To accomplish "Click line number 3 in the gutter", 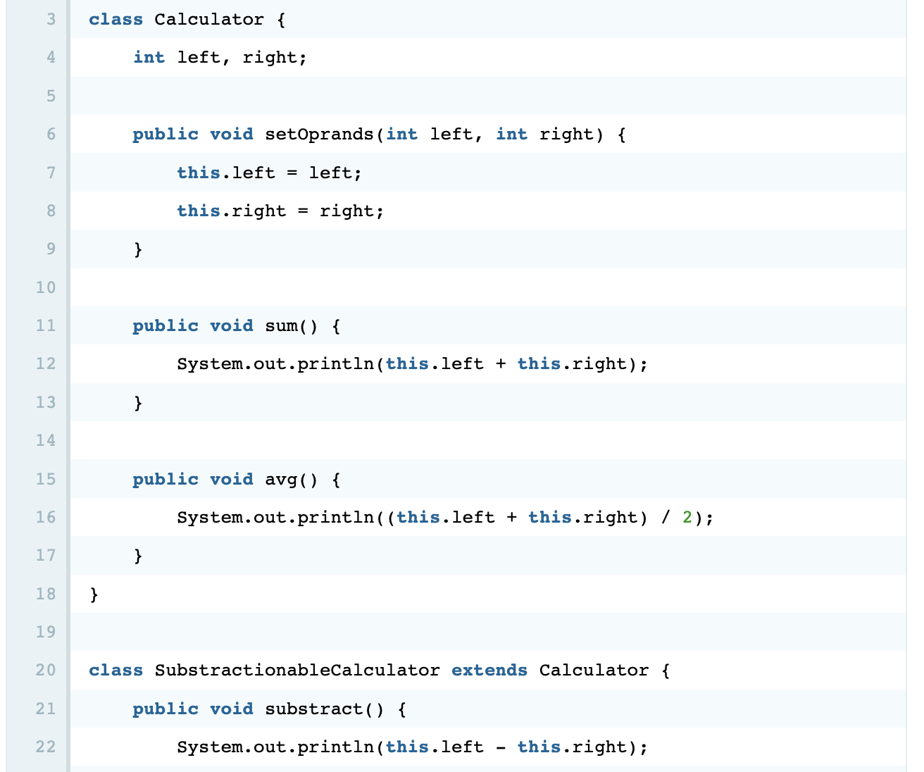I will [51, 19].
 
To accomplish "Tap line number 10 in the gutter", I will [46, 287].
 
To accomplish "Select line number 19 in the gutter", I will [46, 631].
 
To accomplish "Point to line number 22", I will [46, 747].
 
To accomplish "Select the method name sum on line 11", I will [282, 325].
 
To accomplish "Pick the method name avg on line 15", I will [282, 479].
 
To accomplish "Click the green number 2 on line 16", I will [687, 518].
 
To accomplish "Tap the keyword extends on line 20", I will [489, 670].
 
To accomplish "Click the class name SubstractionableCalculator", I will [297, 670].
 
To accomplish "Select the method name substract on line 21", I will [314, 709].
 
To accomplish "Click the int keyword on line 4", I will [149, 58].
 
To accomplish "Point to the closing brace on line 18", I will [94, 595].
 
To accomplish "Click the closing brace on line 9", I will [138, 249].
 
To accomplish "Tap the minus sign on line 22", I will [501, 747].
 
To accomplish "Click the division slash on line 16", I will [666, 518].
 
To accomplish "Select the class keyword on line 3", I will [115, 19].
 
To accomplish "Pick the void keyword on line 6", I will [232, 134].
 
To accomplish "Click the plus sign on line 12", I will [501, 364].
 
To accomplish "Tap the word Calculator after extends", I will [594, 670].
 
